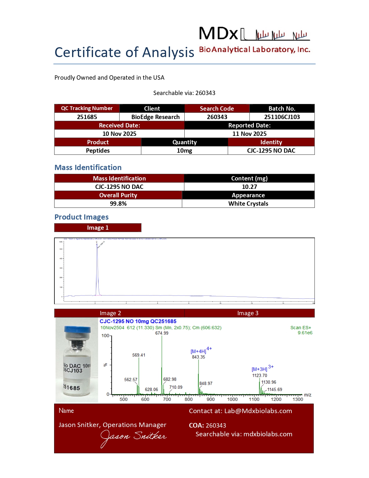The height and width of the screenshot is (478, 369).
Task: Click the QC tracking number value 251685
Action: coord(87,117)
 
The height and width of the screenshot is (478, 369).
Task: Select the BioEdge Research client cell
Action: coord(155,117)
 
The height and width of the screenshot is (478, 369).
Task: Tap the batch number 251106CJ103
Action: coord(282,117)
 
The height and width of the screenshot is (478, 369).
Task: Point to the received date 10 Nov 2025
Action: coord(119,134)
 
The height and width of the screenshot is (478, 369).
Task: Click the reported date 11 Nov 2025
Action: coord(249,134)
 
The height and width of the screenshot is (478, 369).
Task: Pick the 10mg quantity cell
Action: coord(184,151)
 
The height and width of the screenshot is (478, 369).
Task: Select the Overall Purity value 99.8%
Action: coord(118,204)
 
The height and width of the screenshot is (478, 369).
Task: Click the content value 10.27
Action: coord(249,187)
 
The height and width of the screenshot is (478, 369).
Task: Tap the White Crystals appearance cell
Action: coord(248,204)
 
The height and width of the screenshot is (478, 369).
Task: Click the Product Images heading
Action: coord(82,217)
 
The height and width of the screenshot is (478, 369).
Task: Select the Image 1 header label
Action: coord(98,228)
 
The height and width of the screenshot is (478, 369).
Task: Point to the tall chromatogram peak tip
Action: coord(97,245)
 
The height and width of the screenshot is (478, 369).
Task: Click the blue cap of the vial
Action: coord(77,330)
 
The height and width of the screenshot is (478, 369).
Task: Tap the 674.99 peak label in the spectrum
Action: coord(162,333)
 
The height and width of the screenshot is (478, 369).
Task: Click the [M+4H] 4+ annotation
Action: coord(201,351)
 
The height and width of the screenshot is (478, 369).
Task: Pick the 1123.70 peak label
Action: coord(260,375)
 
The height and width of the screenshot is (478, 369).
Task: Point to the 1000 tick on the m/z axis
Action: coord(232,399)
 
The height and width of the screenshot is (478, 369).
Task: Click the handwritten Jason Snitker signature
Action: coord(133,437)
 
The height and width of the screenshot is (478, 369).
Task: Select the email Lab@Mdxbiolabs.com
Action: coord(258,411)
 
